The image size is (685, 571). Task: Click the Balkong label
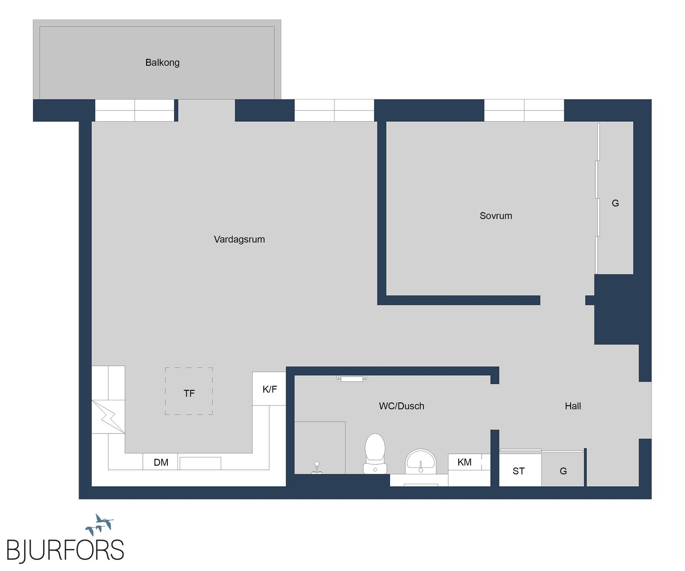pos(162,63)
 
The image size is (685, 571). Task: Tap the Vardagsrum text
pos(239,239)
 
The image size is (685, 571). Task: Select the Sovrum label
pos(496,216)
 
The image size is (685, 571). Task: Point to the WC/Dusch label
pos(401,406)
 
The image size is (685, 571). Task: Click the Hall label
pos(572,406)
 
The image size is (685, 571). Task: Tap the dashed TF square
pos(189,391)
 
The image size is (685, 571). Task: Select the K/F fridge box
pos(269,389)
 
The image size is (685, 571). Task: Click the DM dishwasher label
pos(161,462)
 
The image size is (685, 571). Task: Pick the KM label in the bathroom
pos(464,462)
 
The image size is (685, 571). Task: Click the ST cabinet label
pos(519,471)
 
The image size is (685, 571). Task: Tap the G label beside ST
pos(563,471)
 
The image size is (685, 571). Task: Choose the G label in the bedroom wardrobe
pos(615,203)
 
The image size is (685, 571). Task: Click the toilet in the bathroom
pos(375,453)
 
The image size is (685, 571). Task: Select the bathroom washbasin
pos(421,461)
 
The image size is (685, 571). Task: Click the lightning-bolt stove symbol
pos(108,417)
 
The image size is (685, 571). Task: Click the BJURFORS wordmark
pos(65,551)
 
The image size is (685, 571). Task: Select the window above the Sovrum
pos(524,110)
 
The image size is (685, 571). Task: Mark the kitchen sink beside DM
pos(200,463)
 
